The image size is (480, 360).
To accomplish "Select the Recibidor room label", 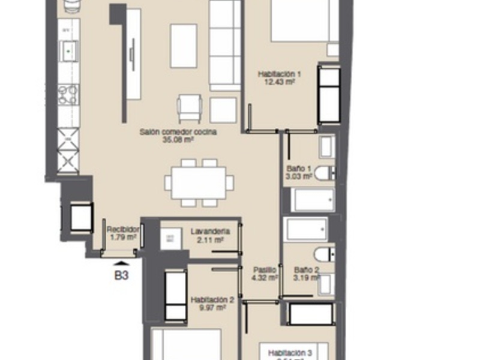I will click(x=123, y=229).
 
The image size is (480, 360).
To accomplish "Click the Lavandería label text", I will click(x=208, y=231).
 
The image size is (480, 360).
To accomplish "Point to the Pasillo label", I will click(x=265, y=270).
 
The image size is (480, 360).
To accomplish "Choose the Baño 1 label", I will click(x=299, y=169).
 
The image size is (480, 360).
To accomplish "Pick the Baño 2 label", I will click(x=306, y=270).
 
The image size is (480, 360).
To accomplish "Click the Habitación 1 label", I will click(x=279, y=74).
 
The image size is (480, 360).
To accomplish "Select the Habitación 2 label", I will click(x=211, y=299).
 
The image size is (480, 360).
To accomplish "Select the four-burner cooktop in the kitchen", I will click(x=68, y=94).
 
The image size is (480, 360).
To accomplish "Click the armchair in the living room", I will click(x=190, y=108).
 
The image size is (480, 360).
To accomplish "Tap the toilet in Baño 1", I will click(x=323, y=173).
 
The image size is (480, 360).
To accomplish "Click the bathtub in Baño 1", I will click(x=313, y=200).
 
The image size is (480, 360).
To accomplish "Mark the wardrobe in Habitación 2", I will click(x=175, y=296).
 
